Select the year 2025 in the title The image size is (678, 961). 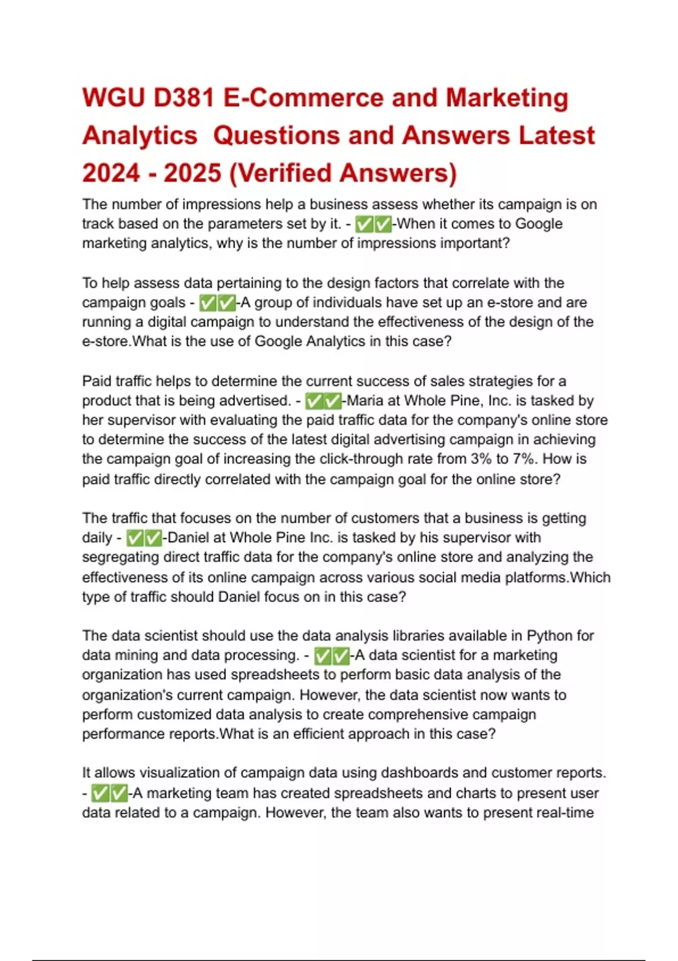click(x=192, y=173)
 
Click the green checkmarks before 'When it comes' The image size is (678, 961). click(x=373, y=224)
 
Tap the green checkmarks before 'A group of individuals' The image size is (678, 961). click(x=218, y=303)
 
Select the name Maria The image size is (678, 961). click(x=365, y=401)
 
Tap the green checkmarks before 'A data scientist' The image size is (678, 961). click(x=332, y=656)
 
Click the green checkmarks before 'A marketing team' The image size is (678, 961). click(x=109, y=794)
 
